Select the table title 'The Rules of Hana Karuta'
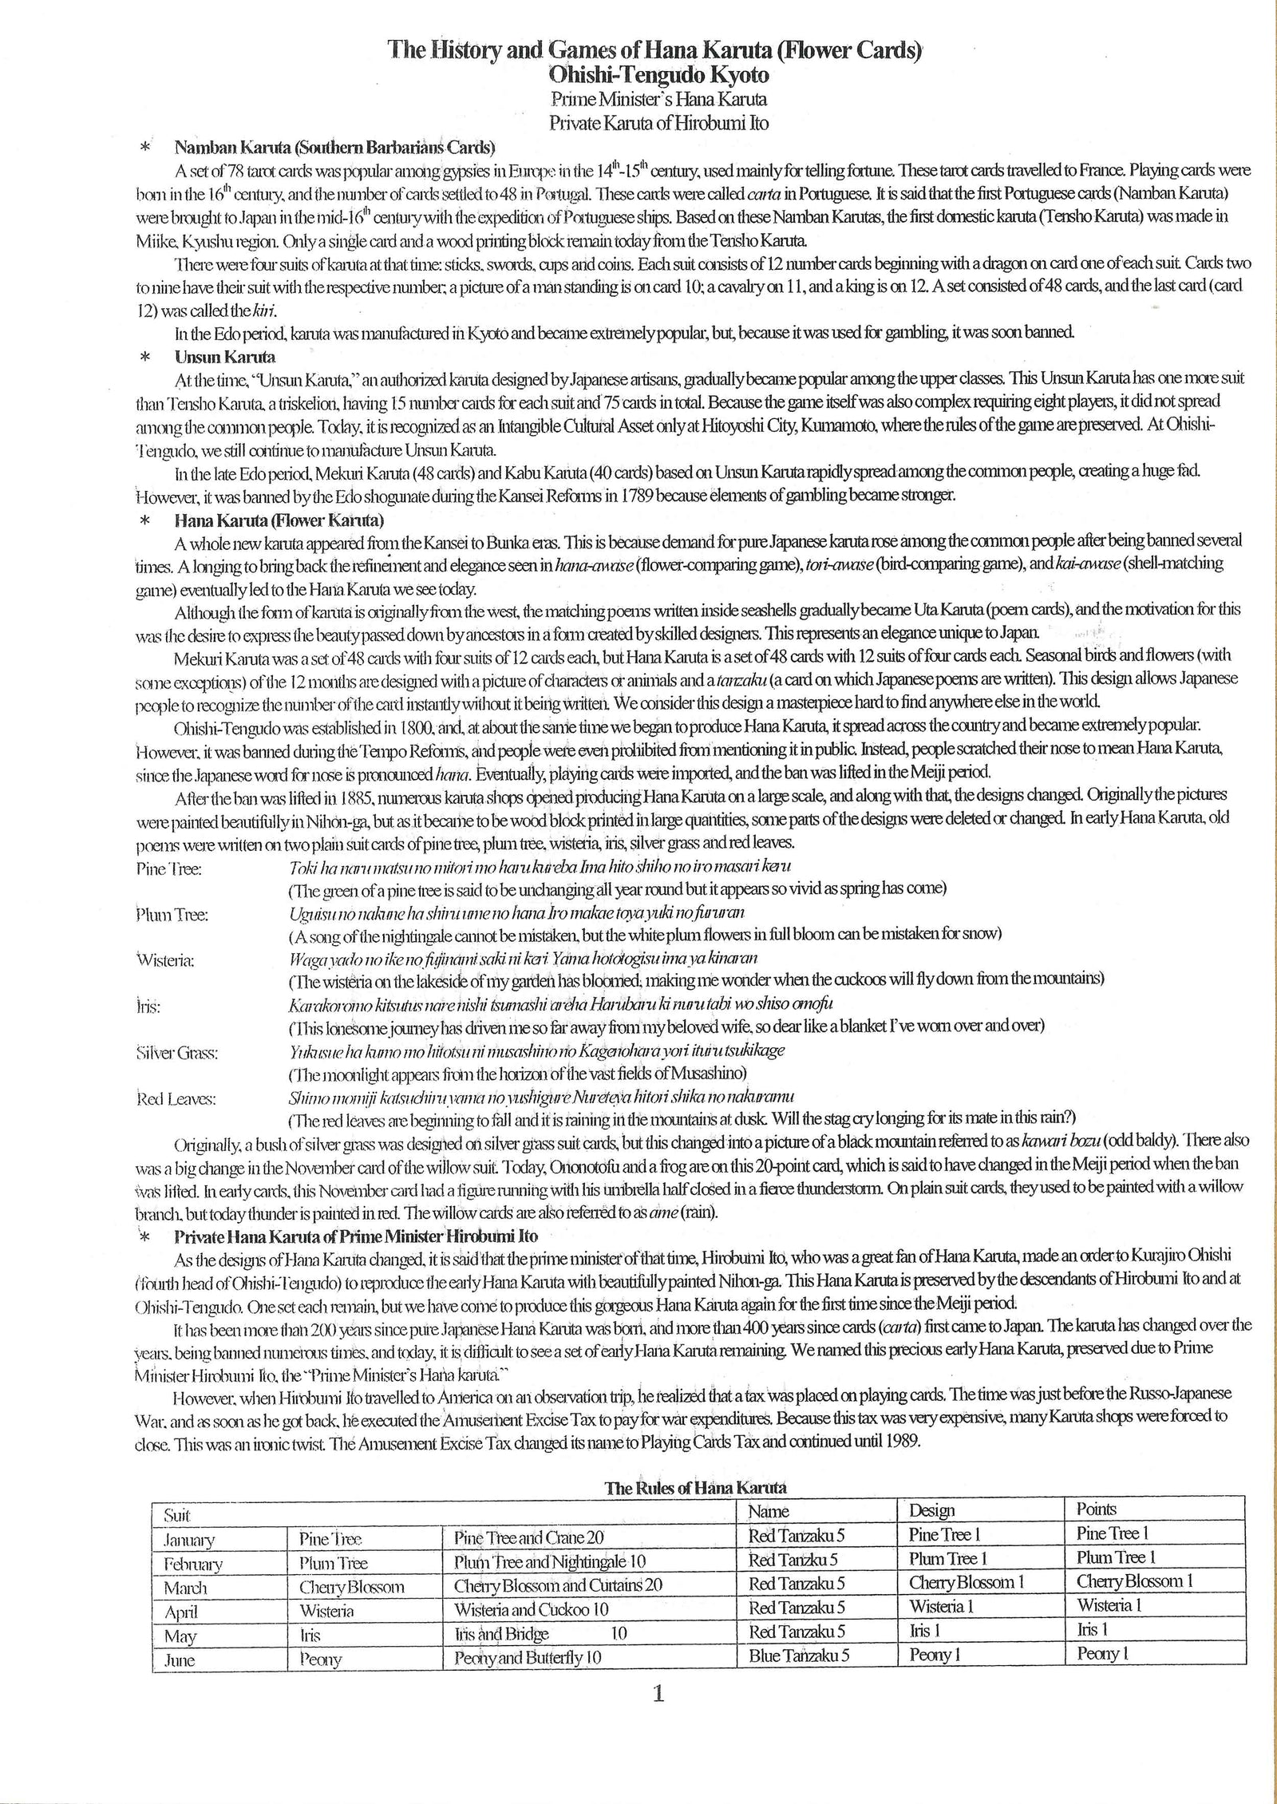(695, 1487)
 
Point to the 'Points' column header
(1096, 1509)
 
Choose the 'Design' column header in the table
(931, 1509)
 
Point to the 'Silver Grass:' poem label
(177, 1053)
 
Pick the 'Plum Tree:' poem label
(172, 916)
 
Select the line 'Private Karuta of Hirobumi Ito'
(658, 123)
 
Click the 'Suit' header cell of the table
(176, 1514)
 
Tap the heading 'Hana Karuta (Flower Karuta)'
(279, 520)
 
